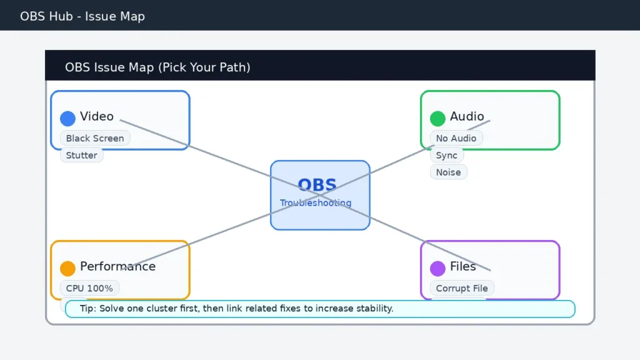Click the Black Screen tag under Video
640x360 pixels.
pyautogui.click(x=95, y=138)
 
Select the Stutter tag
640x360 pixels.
pyautogui.click(x=81, y=155)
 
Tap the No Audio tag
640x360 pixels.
pyautogui.click(x=456, y=138)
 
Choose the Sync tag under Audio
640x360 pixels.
pyautogui.click(x=446, y=155)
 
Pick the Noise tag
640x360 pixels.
pyautogui.click(x=448, y=172)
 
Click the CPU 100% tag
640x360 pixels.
pyautogui.click(x=89, y=288)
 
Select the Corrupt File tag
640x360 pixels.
pyautogui.click(x=462, y=288)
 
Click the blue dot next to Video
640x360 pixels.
pyautogui.click(x=67, y=118)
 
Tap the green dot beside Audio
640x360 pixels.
pyautogui.click(x=437, y=118)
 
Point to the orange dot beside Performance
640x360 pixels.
pyautogui.click(x=67, y=268)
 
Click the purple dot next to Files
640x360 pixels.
pyautogui.click(x=437, y=268)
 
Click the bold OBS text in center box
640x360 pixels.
pyautogui.click(x=317, y=185)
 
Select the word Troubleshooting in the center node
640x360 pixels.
pyautogui.click(x=316, y=203)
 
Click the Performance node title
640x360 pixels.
pyautogui.click(x=117, y=267)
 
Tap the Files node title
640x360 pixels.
pyautogui.click(x=462, y=267)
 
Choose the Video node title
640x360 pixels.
pyautogui.click(x=97, y=117)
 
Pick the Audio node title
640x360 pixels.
pyautogui.click(x=467, y=117)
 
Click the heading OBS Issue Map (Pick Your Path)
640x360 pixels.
pyautogui.click(x=157, y=67)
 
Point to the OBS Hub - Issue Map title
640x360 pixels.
pyautogui.click(x=82, y=16)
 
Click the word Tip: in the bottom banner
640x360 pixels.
pyautogui.click(x=90, y=309)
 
